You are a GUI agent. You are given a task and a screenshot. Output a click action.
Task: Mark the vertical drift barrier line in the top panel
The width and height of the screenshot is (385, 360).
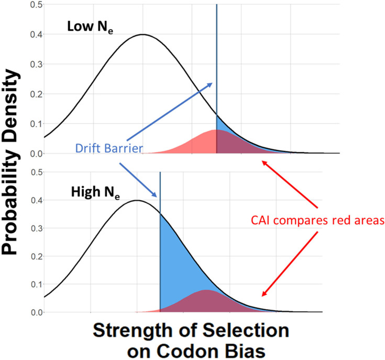(x=216, y=52)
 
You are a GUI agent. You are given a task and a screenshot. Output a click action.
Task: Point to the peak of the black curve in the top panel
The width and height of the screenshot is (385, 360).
(x=142, y=35)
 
